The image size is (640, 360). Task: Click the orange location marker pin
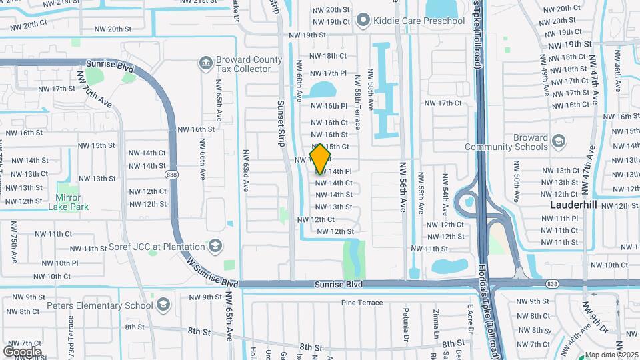321,158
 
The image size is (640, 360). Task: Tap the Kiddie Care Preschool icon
363,21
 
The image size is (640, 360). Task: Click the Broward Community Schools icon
558,141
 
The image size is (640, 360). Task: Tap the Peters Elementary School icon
163,305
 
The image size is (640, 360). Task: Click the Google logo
22,351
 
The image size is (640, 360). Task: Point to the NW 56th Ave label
403,188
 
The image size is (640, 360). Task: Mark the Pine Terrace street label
362,303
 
